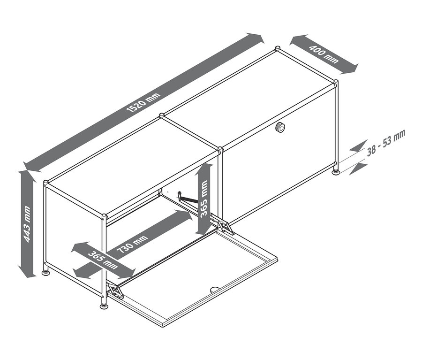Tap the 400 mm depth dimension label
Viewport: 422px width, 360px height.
(324, 54)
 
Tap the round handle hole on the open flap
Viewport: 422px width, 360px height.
(214, 290)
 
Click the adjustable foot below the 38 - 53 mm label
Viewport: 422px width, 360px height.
(337, 172)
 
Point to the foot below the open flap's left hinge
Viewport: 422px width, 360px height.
(104, 306)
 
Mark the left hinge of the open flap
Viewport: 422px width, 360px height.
(115, 291)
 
